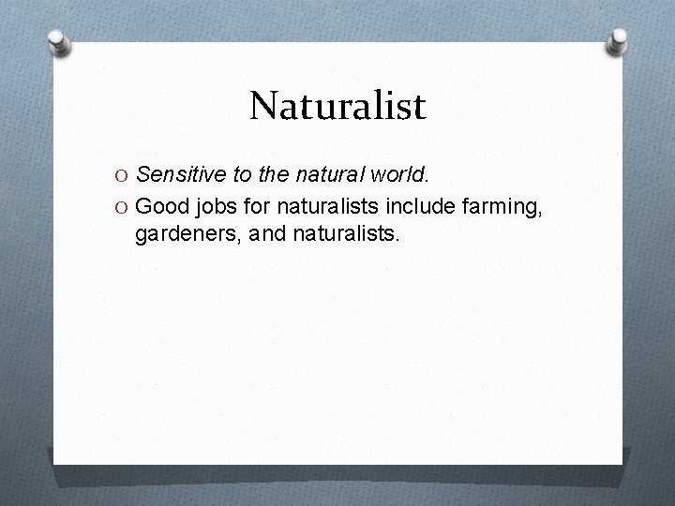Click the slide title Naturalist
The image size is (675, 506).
(337, 106)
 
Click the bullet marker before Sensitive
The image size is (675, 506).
(121, 174)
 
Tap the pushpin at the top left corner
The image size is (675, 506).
(59, 43)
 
